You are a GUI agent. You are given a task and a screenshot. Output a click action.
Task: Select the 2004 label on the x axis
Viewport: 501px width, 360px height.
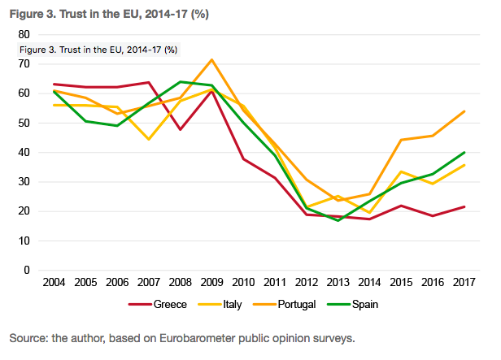point(54,284)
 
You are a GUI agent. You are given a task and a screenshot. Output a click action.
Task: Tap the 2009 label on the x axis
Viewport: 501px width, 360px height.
point(212,284)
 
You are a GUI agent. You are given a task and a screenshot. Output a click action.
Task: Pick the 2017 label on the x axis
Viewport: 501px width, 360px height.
point(464,284)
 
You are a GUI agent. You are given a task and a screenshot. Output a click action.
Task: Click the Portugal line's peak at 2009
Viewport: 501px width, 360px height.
point(212,59)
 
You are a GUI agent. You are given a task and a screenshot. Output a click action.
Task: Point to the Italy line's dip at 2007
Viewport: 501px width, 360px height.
point(149,139)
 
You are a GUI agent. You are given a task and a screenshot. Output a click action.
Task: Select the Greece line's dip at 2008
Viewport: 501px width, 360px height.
point(181,129)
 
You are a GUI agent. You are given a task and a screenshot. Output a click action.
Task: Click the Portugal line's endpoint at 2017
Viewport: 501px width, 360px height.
point(464,111)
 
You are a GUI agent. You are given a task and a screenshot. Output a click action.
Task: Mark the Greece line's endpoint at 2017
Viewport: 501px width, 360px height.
point(464,206)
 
